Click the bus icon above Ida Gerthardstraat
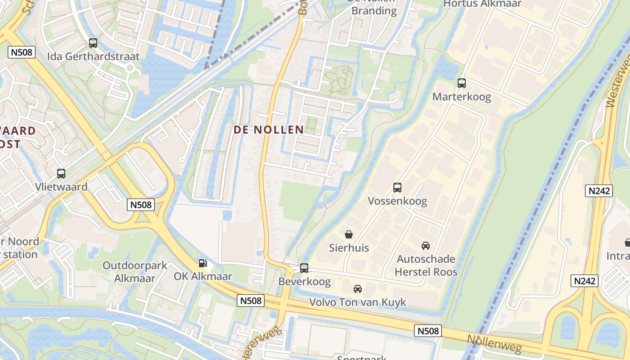(93, 43)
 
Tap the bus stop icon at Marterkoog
(462, 83)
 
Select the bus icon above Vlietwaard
(61, 173)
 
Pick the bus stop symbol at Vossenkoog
(397, 187)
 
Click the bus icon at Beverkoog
(304, 268)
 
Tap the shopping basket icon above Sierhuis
(348, 234)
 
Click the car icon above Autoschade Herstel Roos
(425, 246)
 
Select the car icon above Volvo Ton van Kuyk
(357, 288)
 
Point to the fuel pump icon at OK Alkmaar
(203, 263)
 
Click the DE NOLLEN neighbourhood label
(269, 130)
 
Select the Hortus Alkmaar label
(482, 4)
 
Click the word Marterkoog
(462, 97)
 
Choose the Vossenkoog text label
(397, 201)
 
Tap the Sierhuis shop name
(349, 248)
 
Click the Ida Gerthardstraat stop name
(94, 57)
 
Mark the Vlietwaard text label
(61, 187)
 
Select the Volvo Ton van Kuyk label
(358, 302)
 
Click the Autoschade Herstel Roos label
(426, 265)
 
